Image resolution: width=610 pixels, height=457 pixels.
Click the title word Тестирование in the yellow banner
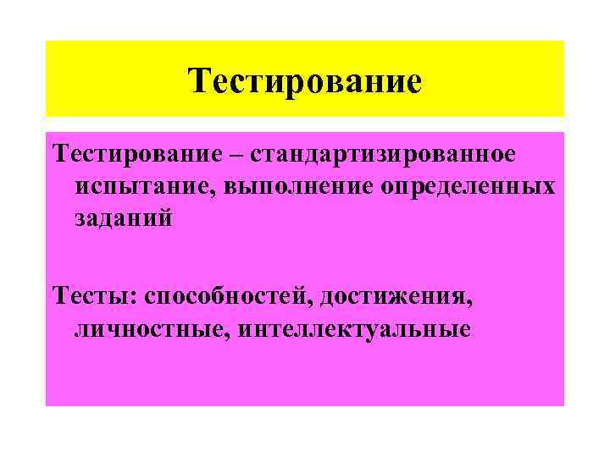point(305,82)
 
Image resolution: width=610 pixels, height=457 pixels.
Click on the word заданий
point(123,218)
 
